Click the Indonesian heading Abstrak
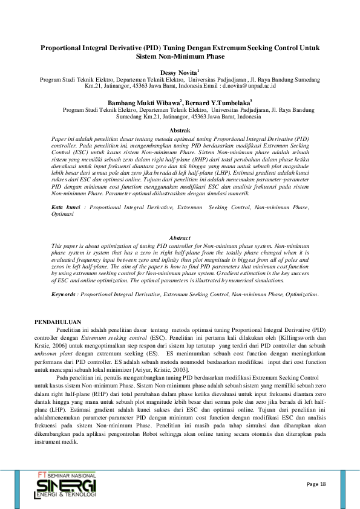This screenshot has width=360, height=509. point(180,131)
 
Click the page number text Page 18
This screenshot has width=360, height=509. point(316,485)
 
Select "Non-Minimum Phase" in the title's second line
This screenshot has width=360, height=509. point(195,56)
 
